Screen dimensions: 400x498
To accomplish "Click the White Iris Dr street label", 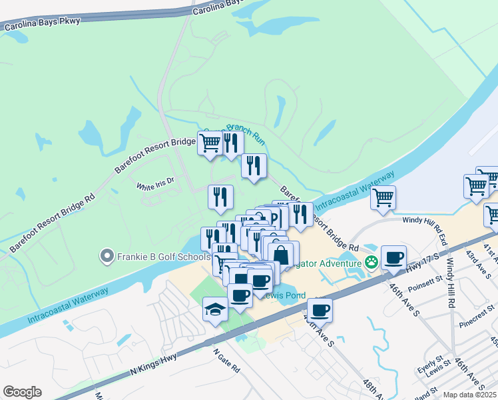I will (x=155, y=180).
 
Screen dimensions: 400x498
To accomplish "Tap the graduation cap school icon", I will (x=215, y=309).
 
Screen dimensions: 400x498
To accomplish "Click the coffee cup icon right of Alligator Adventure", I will (x=394, y=257).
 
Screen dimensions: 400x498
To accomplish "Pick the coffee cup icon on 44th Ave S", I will (x=320, y=309).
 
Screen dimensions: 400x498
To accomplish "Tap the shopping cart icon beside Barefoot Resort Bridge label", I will (x=210, y=143).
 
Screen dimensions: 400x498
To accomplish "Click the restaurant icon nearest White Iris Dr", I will (x=220, y=196).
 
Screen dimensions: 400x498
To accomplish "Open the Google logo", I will (x=22, y=391).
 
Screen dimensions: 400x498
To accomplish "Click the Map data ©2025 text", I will (x=469, y=395).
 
